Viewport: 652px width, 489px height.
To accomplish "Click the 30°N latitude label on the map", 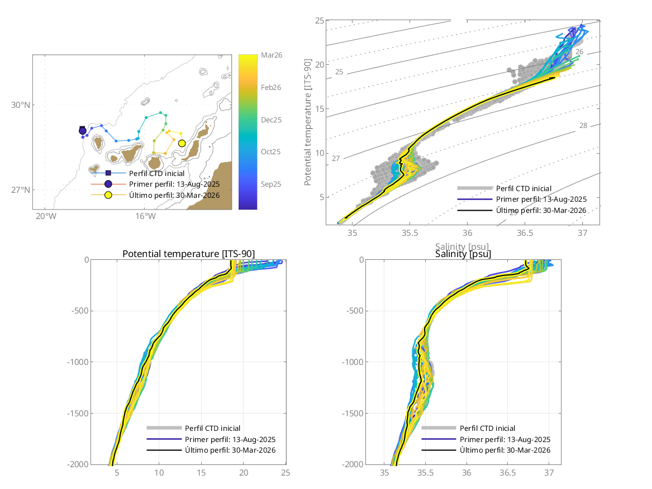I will coord(22,105).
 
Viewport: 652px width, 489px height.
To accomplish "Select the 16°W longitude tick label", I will coord(144,216).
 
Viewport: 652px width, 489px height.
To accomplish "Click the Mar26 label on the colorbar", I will coord(271,55).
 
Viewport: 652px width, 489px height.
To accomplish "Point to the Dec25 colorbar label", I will coord(271,120).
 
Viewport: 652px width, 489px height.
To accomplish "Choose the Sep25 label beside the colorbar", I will coord(271,184).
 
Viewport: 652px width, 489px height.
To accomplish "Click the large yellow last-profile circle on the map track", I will coord(182,144).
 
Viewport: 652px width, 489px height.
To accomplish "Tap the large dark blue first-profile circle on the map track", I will coord(83,131).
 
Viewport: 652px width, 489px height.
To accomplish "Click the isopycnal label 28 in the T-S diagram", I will coord(583,126).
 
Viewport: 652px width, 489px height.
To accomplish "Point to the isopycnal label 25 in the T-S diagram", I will coord(339,72).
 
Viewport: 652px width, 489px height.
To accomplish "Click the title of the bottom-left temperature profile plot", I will coord(188,254).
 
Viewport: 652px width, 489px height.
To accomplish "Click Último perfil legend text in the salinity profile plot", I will coord(505,450).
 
